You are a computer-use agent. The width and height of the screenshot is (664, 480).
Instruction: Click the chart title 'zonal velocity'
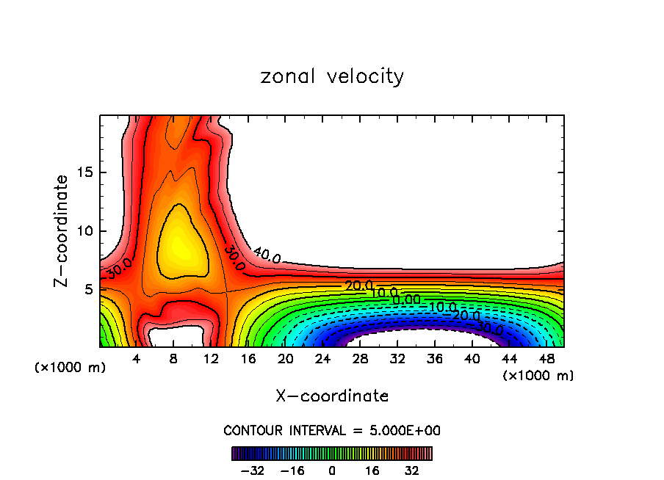click(332, 76)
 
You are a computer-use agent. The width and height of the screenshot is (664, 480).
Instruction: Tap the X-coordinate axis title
click(332, 396)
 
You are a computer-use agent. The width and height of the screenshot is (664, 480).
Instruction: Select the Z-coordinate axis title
click(62, 230)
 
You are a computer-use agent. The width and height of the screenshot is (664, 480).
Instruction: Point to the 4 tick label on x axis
click(136, 359)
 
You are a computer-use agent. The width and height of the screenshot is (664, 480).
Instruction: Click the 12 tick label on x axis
click(211, 359)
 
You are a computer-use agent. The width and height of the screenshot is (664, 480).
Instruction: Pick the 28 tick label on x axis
click(360, 359)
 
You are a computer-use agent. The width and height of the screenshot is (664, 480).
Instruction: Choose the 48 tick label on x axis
click(546, 359)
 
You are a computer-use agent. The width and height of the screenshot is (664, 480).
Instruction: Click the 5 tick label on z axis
click(86, 290)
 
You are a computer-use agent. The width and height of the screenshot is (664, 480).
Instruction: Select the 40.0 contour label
click(267, 256)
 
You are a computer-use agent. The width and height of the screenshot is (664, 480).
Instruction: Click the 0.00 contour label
click(406, 299)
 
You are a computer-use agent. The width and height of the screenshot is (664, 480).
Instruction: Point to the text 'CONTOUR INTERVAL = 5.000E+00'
click(332, 430)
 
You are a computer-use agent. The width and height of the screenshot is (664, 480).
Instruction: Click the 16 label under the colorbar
click(372, 470)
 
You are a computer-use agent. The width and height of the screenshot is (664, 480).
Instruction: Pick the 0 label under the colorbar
click(332, 470)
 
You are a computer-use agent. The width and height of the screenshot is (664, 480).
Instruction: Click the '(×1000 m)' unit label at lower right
click(538, 376)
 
